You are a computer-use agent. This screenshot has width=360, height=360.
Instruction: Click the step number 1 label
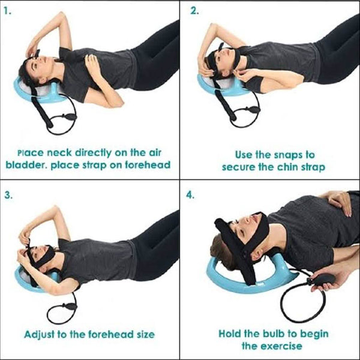tap(7, 11)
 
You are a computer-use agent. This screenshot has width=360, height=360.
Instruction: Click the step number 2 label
tap(194, 11)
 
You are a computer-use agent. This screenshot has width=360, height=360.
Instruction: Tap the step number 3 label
tap(8, 195)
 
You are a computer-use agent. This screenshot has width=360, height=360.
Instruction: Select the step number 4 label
tap(191, 195)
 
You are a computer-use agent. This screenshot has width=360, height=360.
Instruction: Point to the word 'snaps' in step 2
tap(286, 155)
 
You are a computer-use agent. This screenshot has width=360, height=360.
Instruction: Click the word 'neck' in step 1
tap(59, 152)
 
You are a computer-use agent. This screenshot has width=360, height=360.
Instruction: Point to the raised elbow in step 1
tap(62, 16)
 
